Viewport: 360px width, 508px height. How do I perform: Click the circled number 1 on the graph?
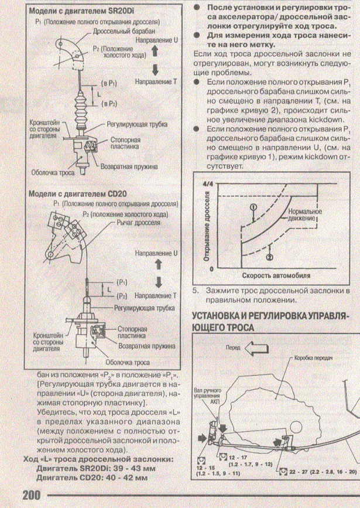[253, 207]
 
